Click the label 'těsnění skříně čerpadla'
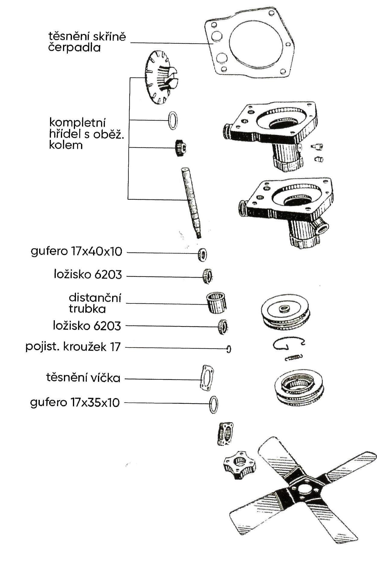tap(87, 42)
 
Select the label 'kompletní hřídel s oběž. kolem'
tap(86, 134)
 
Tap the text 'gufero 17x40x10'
tap(77, 251)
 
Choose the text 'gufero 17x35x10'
tap(75, 402)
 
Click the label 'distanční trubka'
tap(95, 303)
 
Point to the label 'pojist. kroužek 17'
tap(73, 347)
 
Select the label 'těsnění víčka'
tap(83, 378)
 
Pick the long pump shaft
tap(190, 202)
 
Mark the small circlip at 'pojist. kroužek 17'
tap(229, 349)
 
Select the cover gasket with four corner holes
tap(207, 378)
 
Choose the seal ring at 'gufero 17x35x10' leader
tap(214, 404)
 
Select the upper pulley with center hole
tap(285, 313)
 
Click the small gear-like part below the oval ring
tap(180, 148)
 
